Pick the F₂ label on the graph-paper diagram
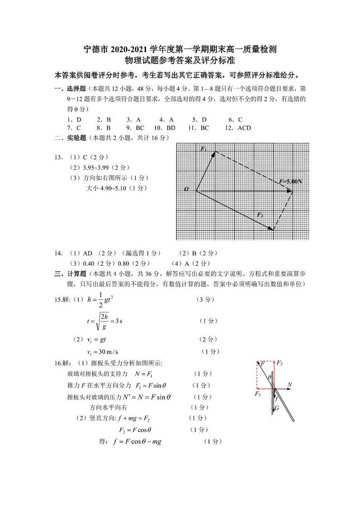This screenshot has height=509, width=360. coord(260,215)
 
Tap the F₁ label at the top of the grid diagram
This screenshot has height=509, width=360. coord(204,149)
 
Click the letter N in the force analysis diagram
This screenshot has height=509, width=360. coord(290,385)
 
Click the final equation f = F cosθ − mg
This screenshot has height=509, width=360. coord(137,441)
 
